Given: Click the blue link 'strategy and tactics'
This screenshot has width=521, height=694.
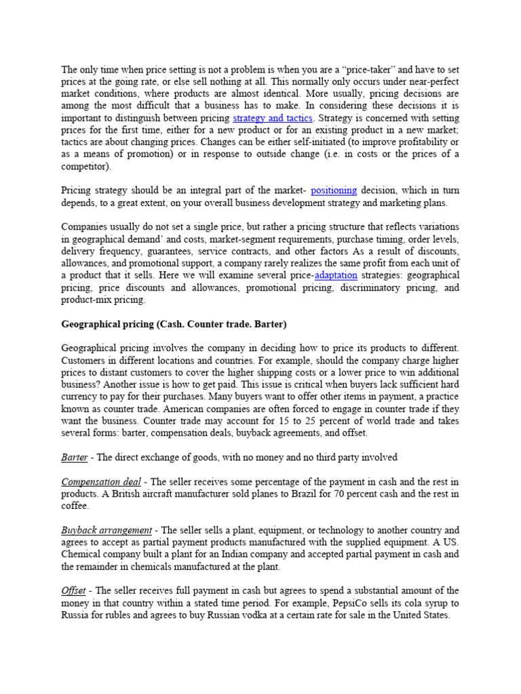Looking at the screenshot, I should pyautogui.click(x=272, y=118).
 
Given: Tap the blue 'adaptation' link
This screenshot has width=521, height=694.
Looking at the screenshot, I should pyautogui.click(x=337, y=276).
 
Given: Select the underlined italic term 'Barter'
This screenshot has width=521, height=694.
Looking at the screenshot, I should pyautogui.click(x=75, y=457).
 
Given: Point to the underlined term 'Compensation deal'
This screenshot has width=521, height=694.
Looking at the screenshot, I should pyautogui.click(x=105, y=482).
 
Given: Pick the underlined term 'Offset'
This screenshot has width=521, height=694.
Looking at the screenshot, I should pyautogui.click(x=73, y=591).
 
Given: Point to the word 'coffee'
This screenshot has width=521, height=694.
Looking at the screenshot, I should pyautogui.click(x=75, y=506).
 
